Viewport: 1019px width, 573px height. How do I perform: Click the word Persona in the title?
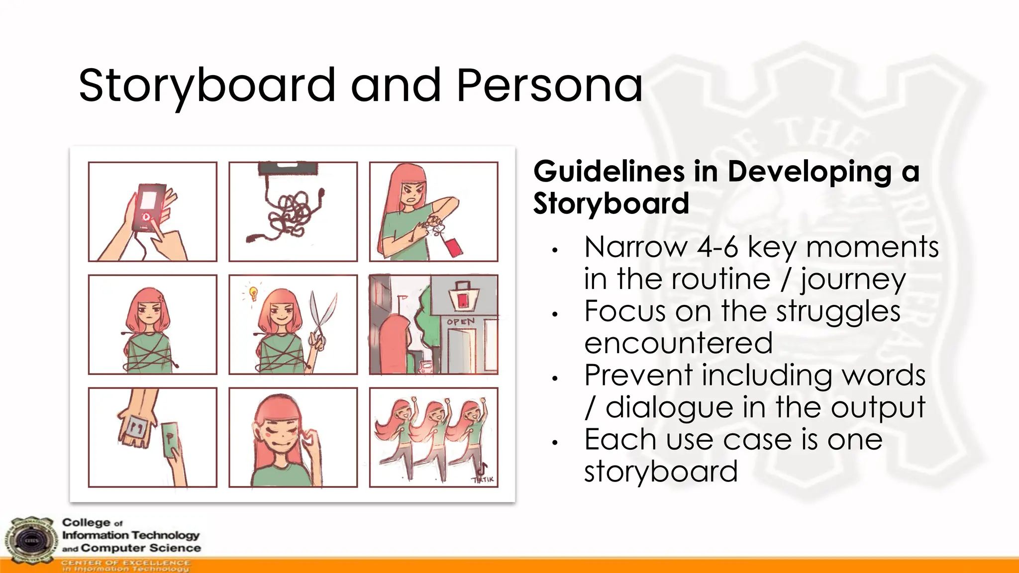point(549,86)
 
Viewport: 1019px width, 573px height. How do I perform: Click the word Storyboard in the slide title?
point(207,87)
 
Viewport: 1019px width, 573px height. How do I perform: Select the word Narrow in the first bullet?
point(636,247)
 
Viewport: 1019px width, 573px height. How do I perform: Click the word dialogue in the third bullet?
point(669,407)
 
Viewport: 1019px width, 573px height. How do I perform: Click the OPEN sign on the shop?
point(461,322)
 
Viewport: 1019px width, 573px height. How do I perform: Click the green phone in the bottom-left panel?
point(171,439)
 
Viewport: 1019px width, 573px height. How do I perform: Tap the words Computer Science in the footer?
point(141,548)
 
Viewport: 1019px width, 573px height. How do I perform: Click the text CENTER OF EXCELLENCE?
point(125,563)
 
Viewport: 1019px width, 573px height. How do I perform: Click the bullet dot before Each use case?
point(555,442)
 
